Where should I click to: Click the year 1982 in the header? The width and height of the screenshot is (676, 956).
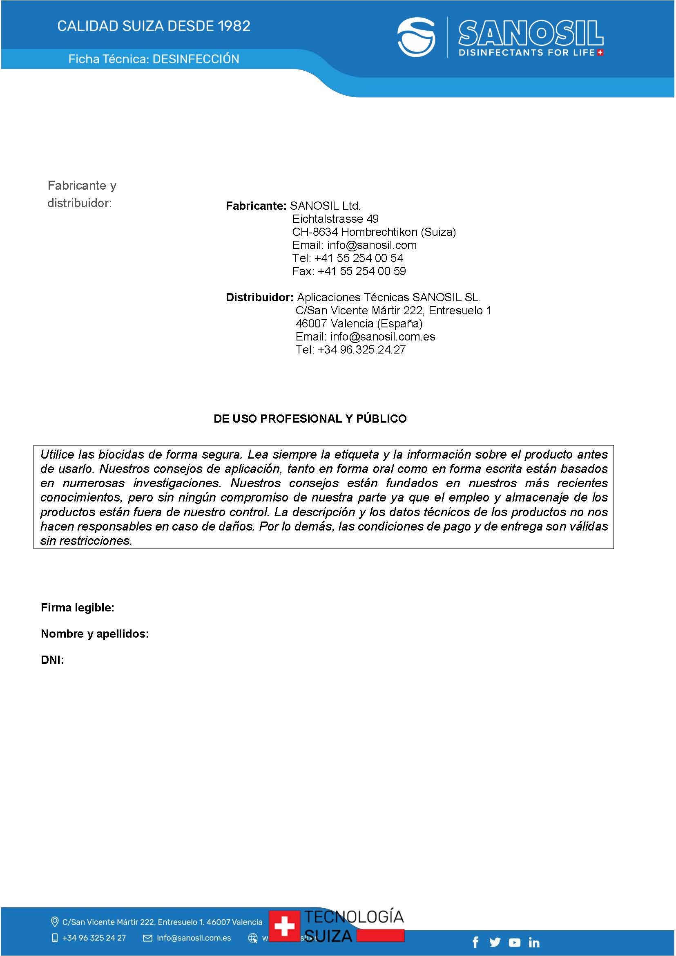coord(234,26)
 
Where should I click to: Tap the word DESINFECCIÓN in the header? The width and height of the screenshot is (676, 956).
coord(196,59)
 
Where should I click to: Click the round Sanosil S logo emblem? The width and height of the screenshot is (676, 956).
coord(416,37)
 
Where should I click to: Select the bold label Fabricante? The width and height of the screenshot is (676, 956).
coord(256,206)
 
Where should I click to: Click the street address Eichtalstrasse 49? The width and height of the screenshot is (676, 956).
coord(335,219)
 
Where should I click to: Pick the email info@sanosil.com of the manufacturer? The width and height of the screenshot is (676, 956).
coord(372,245)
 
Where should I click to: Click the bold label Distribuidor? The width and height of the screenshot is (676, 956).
coord(260,298)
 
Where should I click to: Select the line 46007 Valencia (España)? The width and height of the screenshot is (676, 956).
coord(359,324)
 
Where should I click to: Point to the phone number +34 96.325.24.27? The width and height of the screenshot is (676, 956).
coord(361,349)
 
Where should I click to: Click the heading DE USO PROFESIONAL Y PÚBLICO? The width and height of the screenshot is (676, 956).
coord(310,419)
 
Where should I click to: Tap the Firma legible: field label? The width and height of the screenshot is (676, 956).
coord(78,608)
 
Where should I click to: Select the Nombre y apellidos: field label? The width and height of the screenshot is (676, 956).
coord(95,634)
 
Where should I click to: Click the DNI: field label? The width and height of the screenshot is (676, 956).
coord(52,660)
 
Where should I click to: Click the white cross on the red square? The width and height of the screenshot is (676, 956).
coord(284,926)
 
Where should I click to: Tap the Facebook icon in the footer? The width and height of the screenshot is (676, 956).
coord(475,942)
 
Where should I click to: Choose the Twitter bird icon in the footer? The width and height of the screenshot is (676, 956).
coord(495,942)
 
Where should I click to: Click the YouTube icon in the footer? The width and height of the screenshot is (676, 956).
coord(515,942)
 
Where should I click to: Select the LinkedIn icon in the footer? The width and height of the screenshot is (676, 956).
coord(534,942)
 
